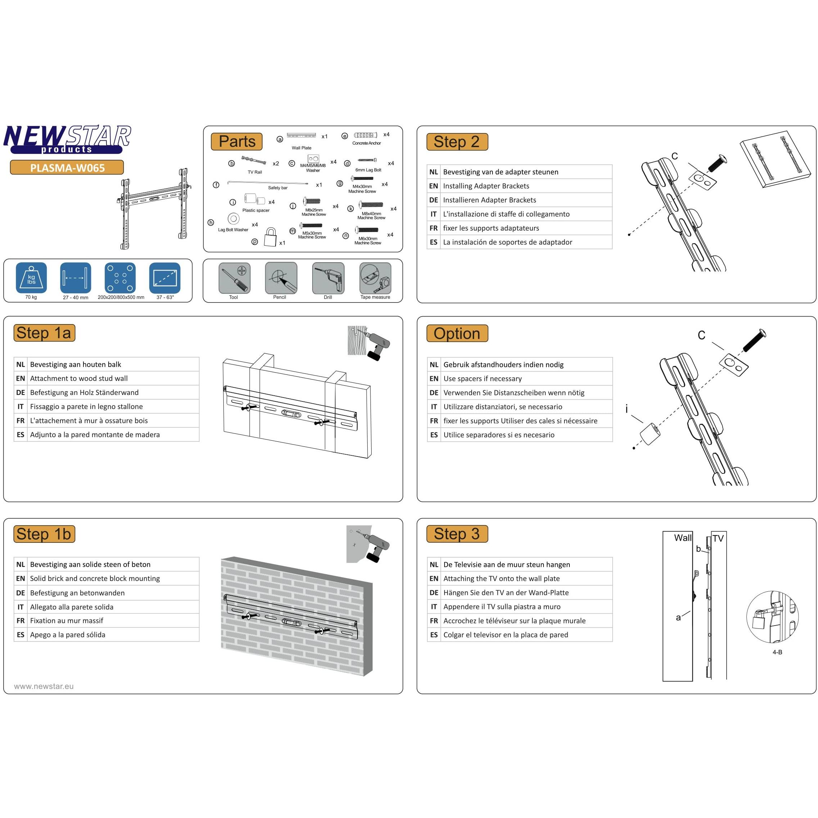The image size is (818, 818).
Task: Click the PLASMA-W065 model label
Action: click(67, 168)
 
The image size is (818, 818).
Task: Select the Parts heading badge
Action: click(237, 141)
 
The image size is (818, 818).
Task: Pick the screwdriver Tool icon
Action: click(234, 278)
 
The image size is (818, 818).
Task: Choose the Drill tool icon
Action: click(328, 278)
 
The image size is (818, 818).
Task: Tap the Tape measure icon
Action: click(375, 278)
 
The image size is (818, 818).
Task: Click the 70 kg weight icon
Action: click(31, 278)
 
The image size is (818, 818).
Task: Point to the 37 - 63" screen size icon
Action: click(165, 278)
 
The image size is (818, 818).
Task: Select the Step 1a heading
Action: click(44, 333)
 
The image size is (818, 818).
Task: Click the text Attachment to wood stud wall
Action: click(79, 378)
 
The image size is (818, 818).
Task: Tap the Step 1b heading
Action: click(44, 534)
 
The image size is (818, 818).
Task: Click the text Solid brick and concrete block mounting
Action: click(95, 578)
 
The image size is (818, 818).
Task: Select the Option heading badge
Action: click(457, 333)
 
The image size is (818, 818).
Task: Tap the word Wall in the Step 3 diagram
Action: click(682, 538)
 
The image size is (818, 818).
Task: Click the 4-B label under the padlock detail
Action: click(777, 652)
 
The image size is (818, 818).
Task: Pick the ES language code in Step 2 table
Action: click(433, 242)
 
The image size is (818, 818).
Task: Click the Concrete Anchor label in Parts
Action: click(367, 143)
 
